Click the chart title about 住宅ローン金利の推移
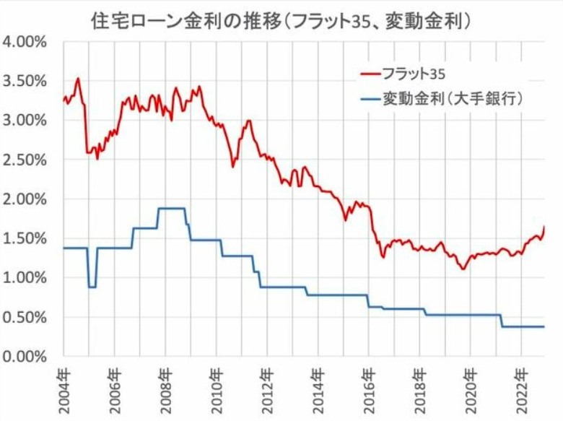(x=281, y=19)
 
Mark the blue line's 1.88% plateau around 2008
(x=172, y=208)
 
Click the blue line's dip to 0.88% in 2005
(x=92, y=287)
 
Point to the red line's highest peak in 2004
(x=78, y=78)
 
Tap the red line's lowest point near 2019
(x=463, y=269)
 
